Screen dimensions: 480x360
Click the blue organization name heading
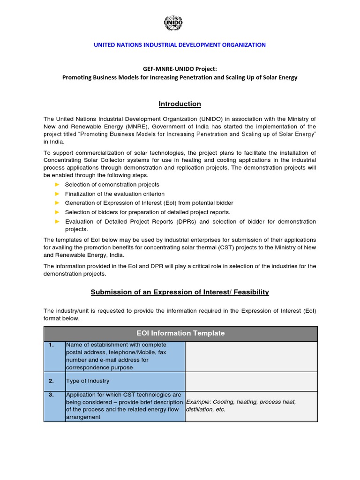[x=180, y=45]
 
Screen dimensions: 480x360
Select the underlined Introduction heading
[x=180, y=104]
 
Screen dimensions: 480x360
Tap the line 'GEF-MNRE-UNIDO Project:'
[x=180, y=68]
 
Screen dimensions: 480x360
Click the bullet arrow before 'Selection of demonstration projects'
[x=58, y=185]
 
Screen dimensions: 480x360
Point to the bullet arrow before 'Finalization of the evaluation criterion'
[x=58, y=194]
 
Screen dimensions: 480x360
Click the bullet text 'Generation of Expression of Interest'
[x=149, y=203]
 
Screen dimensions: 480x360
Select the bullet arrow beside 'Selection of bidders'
[x=58, y=212]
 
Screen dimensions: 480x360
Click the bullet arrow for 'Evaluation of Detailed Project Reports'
[x=58, y=221]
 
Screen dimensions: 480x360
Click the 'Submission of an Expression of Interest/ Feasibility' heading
[x=180, y=292]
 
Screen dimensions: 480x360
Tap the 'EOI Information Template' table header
[x=180, y=333]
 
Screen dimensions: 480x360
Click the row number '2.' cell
[x=54, y=381]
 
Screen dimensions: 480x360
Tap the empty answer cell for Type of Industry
[x=251, y=381]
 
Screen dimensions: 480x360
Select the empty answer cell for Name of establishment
[x=251, y=356]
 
